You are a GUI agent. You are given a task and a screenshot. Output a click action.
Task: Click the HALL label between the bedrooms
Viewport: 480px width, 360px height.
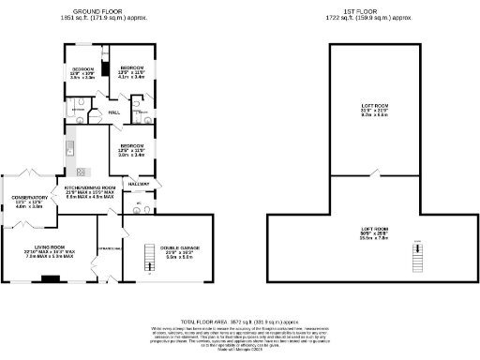(x=113, y=112)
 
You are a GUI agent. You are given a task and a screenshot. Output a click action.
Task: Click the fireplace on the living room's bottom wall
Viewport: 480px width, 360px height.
(x=53, y=277)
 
